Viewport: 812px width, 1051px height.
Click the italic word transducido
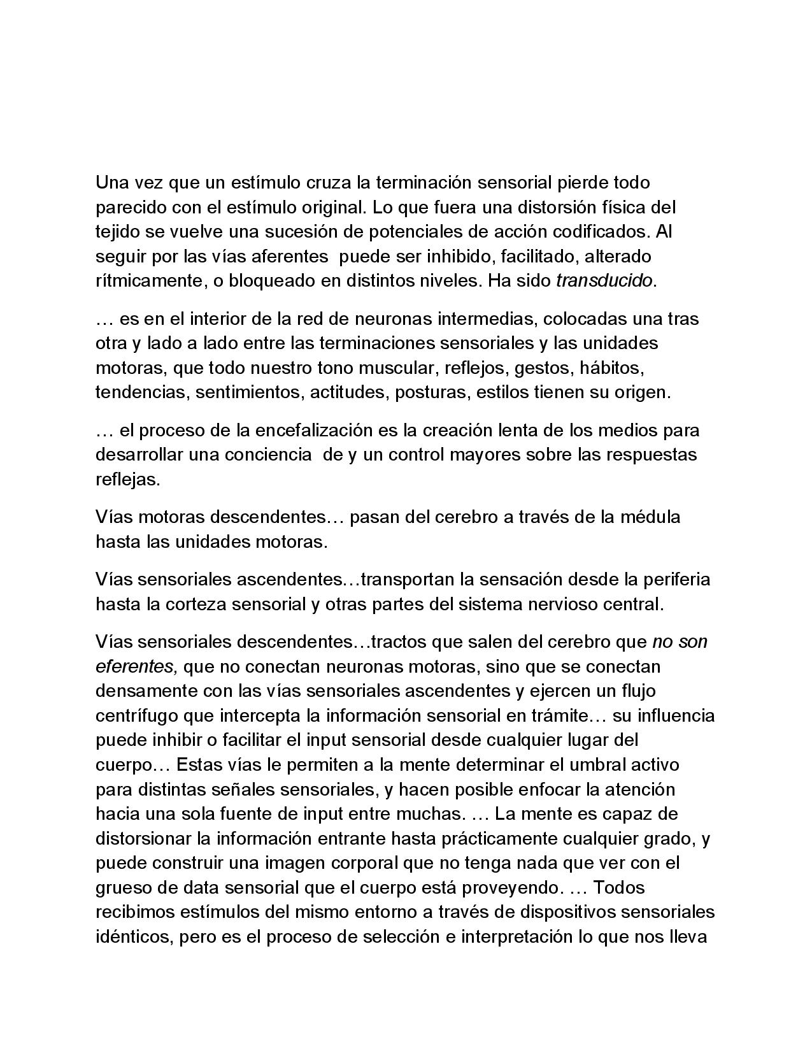(604, 281)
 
